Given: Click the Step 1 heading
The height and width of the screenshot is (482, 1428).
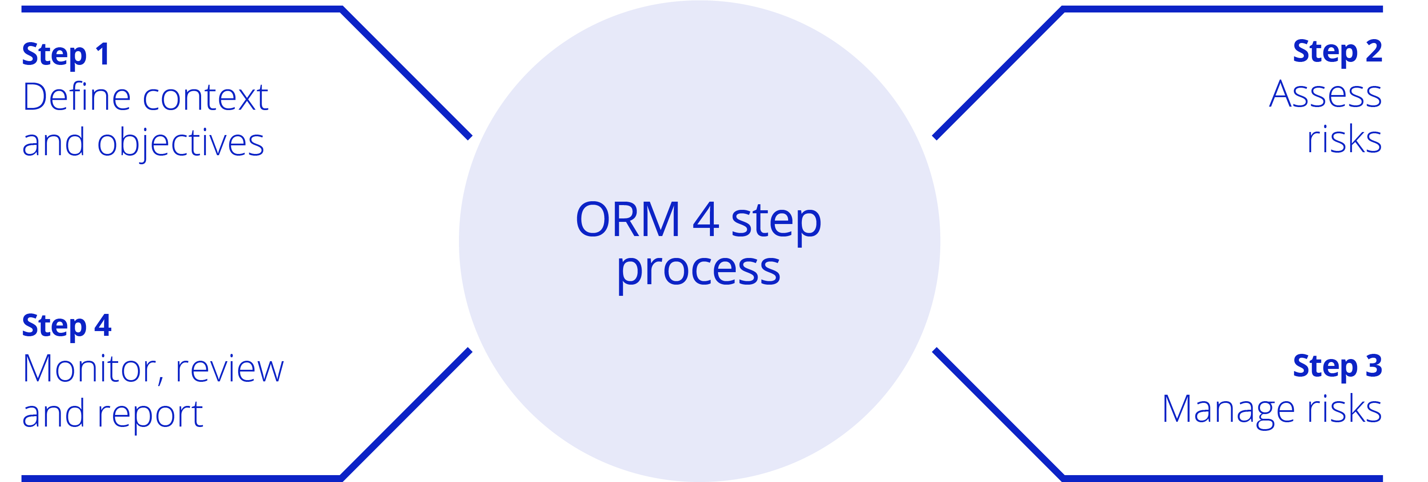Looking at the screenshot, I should coord(65,54).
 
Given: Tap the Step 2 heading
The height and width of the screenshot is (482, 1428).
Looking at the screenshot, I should coord(1336,52).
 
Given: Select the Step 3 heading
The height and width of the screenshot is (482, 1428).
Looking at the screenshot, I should coord(1336,366).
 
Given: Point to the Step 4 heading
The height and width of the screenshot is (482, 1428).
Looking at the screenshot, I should coord(67,325).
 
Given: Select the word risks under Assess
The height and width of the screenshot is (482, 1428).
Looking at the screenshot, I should coord(1344,139).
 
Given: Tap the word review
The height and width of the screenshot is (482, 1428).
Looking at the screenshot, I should coord(229,369).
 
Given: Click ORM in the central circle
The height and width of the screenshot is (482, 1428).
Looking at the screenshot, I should coord(627,220).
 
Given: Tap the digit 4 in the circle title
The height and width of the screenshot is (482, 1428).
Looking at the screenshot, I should coord(706,220).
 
